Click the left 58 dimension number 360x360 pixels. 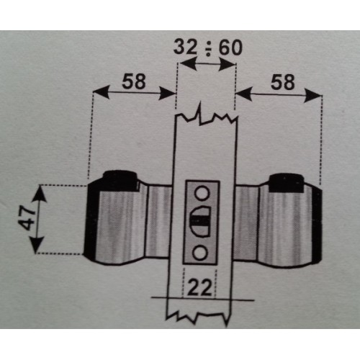point(134,81)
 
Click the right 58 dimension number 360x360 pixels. point(282,82)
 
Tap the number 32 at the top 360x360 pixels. point(185,47)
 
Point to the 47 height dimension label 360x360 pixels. point(27,218)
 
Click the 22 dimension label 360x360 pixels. point(199,287)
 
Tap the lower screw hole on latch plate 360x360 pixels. point(199,253)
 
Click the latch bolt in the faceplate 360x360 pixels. point(200,222)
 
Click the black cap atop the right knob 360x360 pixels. point(286,183)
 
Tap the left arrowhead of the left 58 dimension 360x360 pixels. point(101,91)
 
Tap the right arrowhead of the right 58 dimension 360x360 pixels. point(312,95)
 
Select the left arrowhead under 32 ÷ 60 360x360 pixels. point(188,63)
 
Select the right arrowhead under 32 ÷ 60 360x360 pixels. point(226,64)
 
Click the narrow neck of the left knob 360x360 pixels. point(158,221)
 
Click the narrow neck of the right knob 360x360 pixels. point(246,222)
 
